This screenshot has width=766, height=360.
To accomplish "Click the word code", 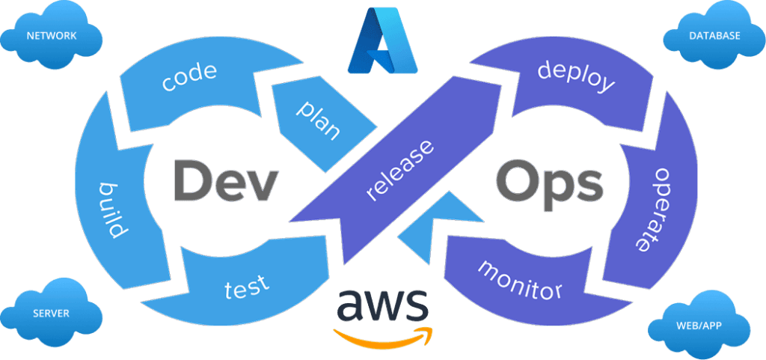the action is click(x=189, y=77).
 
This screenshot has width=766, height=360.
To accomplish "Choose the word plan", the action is click(x=319, y=120).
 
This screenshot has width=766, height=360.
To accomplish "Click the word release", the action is click(x=400, y=171).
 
